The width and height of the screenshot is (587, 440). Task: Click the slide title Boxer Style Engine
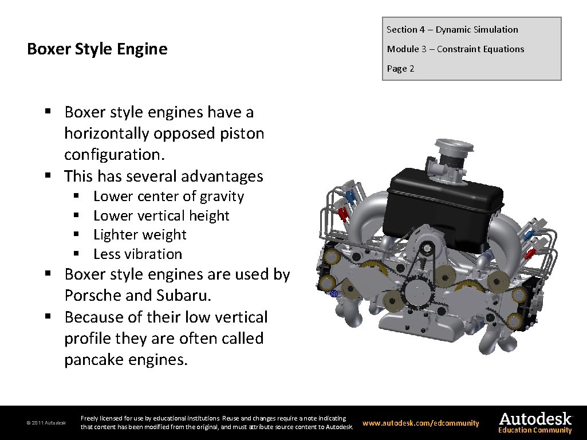97,49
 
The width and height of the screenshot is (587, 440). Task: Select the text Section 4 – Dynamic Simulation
452,30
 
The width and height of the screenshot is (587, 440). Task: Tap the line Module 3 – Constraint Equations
455,49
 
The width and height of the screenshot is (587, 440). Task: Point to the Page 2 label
400,69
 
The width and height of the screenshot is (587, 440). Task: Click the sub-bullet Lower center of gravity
168,197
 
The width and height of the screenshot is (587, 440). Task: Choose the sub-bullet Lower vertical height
161,216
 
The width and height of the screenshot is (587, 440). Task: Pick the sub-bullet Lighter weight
140,235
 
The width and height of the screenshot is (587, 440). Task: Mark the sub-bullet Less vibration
137,254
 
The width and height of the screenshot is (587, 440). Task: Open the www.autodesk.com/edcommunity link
421,423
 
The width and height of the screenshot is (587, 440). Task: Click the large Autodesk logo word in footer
535,418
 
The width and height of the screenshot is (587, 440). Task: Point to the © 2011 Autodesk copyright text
46,423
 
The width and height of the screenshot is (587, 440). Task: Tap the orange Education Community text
535,430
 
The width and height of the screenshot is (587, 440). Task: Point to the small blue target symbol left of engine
335,293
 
